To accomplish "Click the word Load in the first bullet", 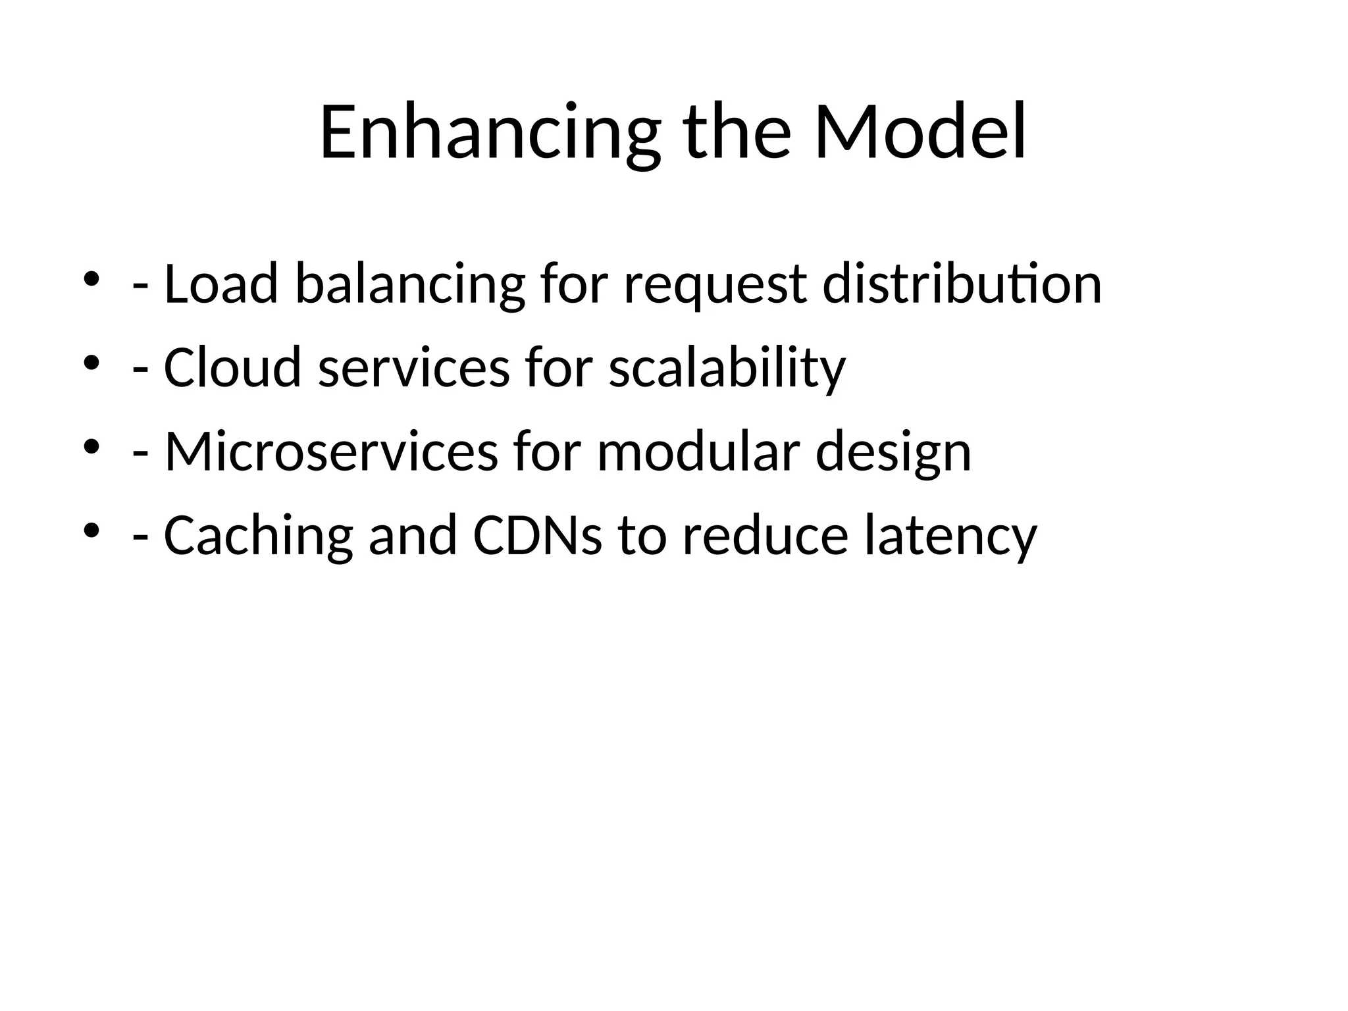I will (x=220, y=284).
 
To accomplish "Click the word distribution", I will (x=962, y=284).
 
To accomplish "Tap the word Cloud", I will (x=232, y=367).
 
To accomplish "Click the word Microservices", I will (x=331, y=452).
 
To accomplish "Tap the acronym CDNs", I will (x=537, y=535).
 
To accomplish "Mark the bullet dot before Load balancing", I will (x=91, y=279).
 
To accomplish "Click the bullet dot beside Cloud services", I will (x=91, y=363).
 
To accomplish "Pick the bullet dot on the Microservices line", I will (x=91, y=447).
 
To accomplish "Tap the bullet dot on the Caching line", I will (x=91, y=531).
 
